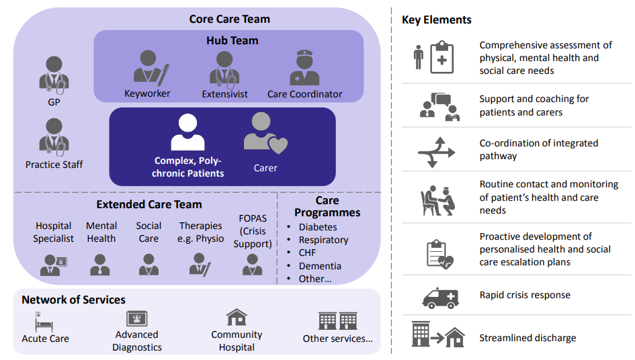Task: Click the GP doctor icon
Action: (x=54, y=73)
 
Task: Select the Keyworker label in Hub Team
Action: (x=147, y=94)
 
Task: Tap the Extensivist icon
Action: (x=224, y=68)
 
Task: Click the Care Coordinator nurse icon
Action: (x=304, y=68)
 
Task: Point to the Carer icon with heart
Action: (x=265, y=133)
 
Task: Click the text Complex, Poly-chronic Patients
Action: (x=188, y=167)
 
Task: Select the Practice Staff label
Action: (x=54, y=165)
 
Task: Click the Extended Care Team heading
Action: (x=149, y=204)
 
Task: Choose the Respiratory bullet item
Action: (x=323, y=240)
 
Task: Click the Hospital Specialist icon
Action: (x=54, y=265)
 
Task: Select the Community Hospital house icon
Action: (x=237, y=317)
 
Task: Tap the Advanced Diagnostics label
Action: (x=137, y=341)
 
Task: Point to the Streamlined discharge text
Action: (x=527, y=338)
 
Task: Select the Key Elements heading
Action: (x=436, y=19)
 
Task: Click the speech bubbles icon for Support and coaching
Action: (x=438, y=105)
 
